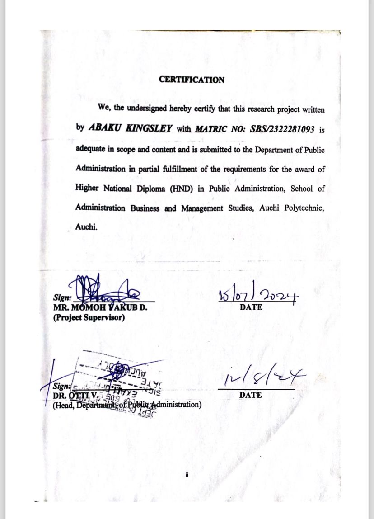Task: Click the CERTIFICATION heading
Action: coord(192,80)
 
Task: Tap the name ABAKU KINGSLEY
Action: coord(130,128)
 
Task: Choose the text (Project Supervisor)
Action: coord(89,317)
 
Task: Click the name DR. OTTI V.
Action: coord(75,396)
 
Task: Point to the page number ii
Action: coord(186,475)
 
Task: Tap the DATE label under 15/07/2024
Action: coord(251,307)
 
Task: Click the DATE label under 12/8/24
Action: coord(250,395)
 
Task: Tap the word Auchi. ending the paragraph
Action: coord(86,227)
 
